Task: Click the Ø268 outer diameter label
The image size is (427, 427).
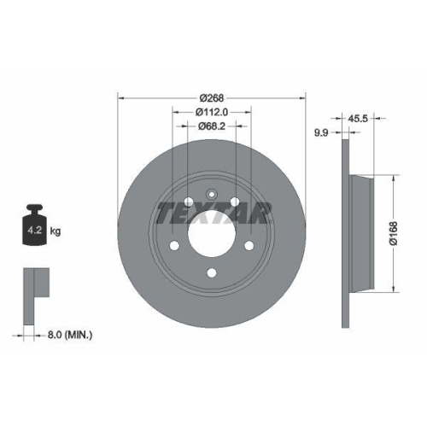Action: point(211,97)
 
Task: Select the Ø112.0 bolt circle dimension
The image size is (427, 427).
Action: point(211,111)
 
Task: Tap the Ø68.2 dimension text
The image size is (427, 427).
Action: point(211,126)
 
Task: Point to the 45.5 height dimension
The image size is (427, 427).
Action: point(357,119)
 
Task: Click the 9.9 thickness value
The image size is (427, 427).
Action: point(322,132)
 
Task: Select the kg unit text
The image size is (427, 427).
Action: point(56,231)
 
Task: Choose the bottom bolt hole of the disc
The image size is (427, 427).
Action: point(211,274)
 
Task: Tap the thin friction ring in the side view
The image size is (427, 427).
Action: point(345,231)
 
